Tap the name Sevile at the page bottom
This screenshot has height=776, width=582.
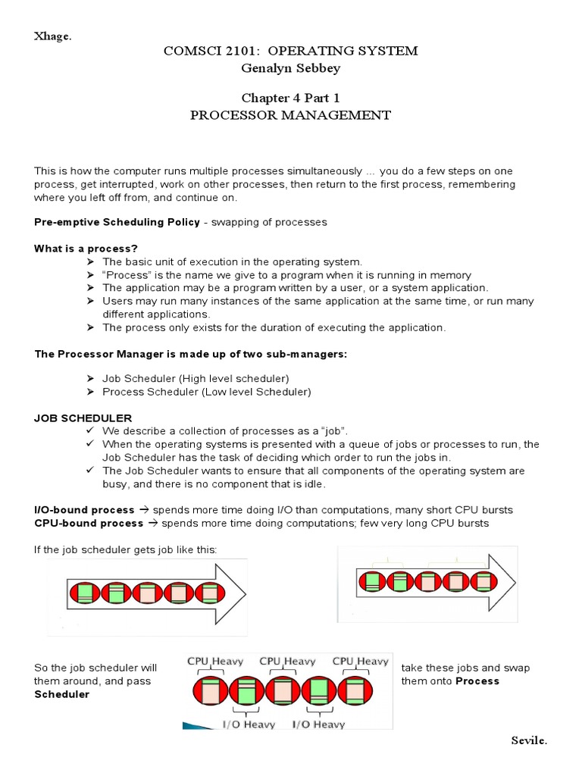(528, 740)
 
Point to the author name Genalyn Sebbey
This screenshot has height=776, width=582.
(290, 68)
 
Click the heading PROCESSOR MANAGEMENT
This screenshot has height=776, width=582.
(290, 116)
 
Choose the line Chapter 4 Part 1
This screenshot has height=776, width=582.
(290, 99)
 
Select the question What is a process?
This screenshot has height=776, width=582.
(86, 249)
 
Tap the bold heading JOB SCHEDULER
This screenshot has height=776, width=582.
(83, 418)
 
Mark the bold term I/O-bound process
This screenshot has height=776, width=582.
(84, 510)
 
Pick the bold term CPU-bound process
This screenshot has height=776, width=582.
(89, 523)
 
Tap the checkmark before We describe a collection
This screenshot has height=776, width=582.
(90, 430)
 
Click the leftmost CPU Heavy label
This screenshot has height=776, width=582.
(216, 662)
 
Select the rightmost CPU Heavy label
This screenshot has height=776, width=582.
(361, 662)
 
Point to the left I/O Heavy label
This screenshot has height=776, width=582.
(249, 724)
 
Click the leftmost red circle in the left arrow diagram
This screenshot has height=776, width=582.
(84, 592)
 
